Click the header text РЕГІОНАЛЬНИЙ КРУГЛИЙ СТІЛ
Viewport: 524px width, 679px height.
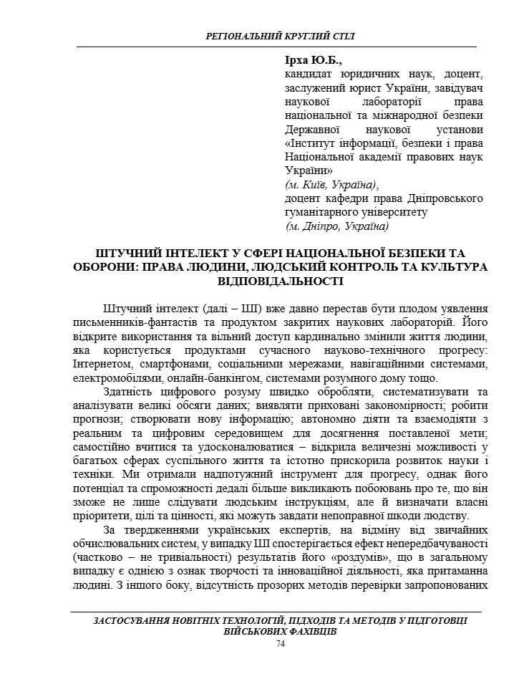pos(279,36)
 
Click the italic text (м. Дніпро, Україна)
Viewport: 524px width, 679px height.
pos(336,226)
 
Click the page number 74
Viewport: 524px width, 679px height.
pos(280,645)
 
